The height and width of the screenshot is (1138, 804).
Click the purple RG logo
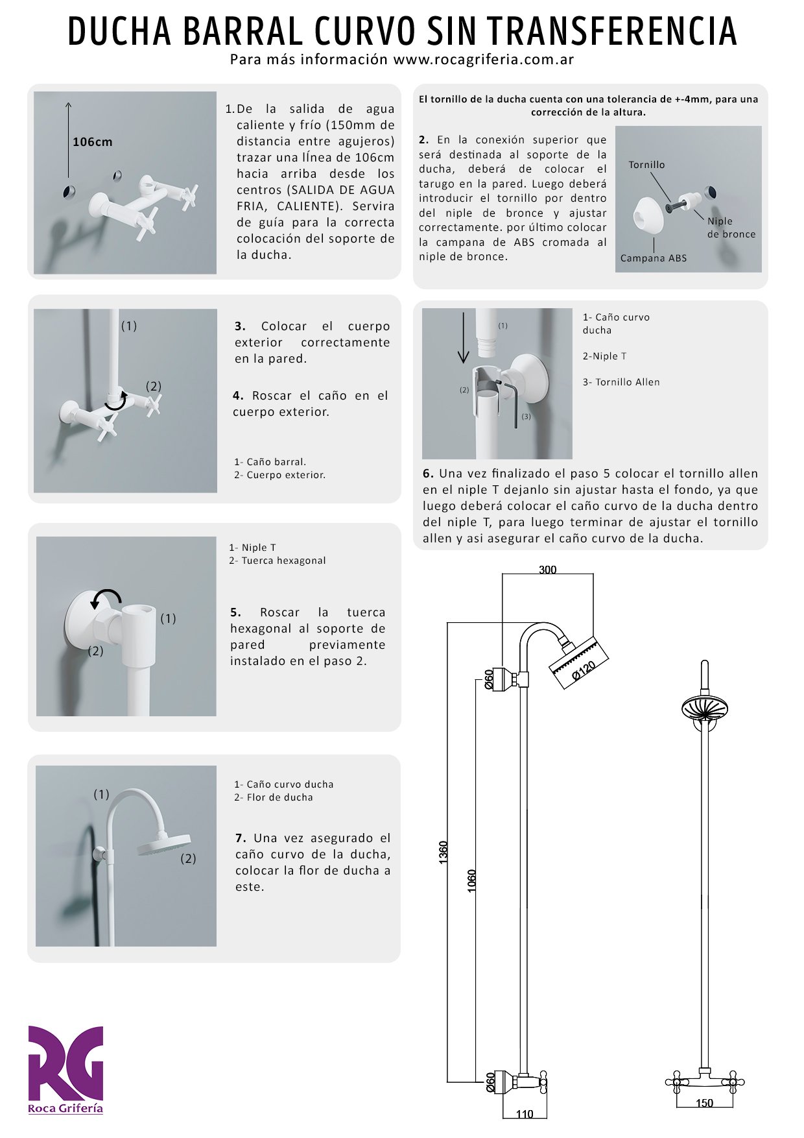(65, 1063)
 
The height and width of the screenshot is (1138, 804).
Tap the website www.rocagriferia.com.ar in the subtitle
(484, 60)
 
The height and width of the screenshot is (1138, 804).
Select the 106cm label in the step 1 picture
(92, 142)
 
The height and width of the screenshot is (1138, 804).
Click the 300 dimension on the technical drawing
(547, 570)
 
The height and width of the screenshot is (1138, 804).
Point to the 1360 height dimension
(443, 852)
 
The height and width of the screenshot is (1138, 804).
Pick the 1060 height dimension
(471, 880)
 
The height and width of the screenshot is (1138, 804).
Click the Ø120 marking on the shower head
(584, 670)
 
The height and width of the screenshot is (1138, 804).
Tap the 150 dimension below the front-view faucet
(704, 1103)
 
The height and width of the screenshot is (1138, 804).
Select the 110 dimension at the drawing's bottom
(524, 1114)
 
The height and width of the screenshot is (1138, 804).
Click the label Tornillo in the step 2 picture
(646, 165)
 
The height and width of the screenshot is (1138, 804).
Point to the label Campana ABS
(653, 258)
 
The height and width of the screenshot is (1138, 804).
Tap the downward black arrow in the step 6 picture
(463, 337)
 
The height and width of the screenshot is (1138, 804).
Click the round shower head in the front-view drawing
(704, 707)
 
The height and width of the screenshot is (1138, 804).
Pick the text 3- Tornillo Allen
(621, 382)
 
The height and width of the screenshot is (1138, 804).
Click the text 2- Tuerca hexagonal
(277, 561)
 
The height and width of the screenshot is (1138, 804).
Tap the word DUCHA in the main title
(119, 31)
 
